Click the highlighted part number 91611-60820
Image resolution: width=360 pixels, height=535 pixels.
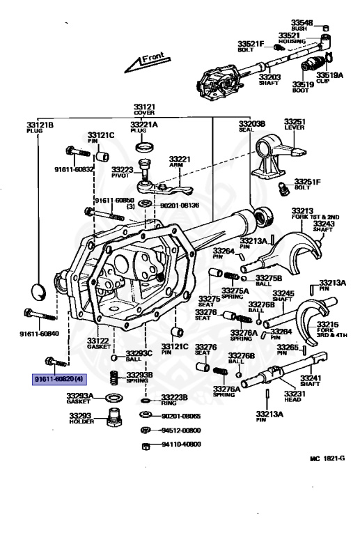60,378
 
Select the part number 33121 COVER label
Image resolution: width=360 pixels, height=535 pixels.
146,110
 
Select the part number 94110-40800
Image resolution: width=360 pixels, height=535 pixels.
181,444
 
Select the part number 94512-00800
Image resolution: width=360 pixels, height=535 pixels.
181,431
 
